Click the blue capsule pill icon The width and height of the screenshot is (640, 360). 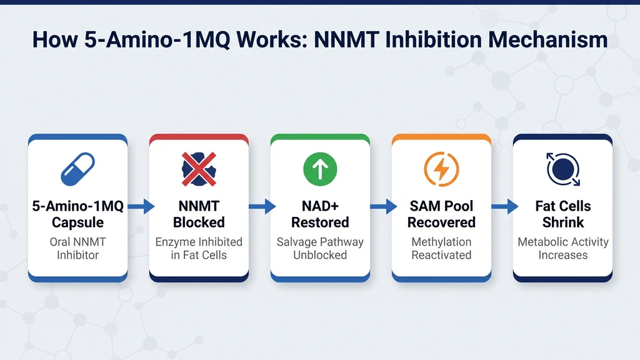pos(77,169)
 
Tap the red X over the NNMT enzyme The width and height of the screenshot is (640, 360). pos(199,169)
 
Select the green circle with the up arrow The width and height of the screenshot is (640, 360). pos(320,169)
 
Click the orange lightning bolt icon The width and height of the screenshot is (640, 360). pos(441,169)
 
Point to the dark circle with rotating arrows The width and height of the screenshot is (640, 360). pos(562,169)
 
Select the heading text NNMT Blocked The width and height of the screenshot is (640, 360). pos(199,214)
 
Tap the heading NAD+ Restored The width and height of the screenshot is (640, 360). pos(320,214)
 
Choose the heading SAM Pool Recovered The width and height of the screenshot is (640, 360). pos(441,214)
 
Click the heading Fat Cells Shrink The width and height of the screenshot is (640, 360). pos(562,214)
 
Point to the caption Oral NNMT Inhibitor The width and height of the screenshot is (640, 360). pos(77,249)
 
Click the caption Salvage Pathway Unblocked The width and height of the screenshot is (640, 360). pos(320,249)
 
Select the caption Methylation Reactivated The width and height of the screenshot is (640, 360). pos(441,249)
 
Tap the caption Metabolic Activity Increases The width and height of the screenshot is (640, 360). pos(562,249)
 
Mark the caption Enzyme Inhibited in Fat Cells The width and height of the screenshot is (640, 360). pos(199,249)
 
